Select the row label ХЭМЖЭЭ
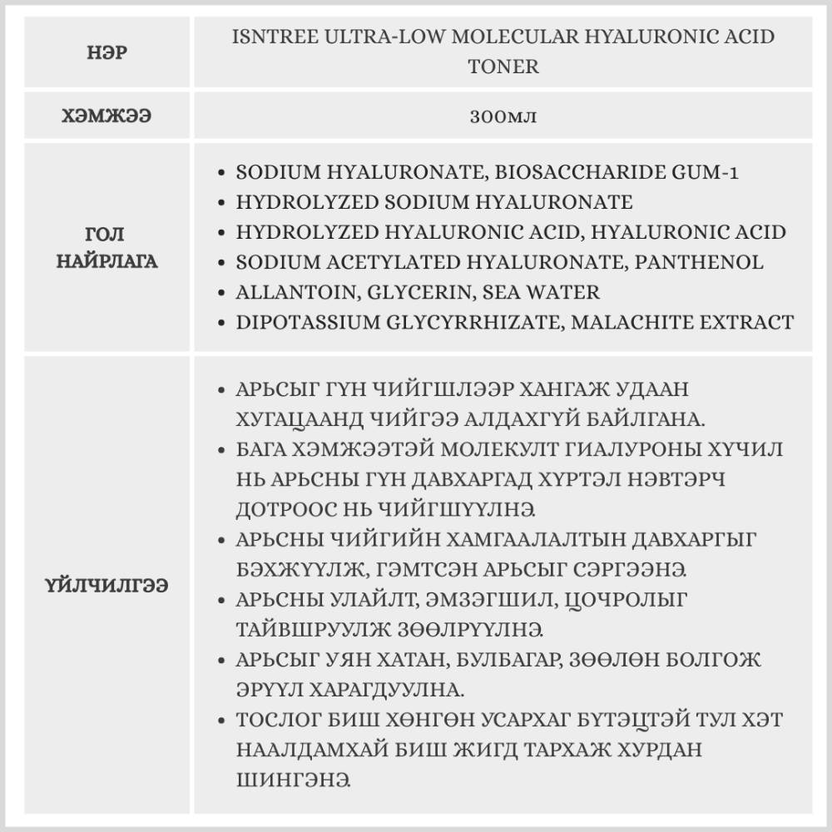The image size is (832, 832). pyautogui.click(x=108, y=116)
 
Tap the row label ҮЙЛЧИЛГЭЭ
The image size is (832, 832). pyautogui.click(x=107, y=586)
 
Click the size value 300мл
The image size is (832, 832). pyautogui.click(x=503, y=116)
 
